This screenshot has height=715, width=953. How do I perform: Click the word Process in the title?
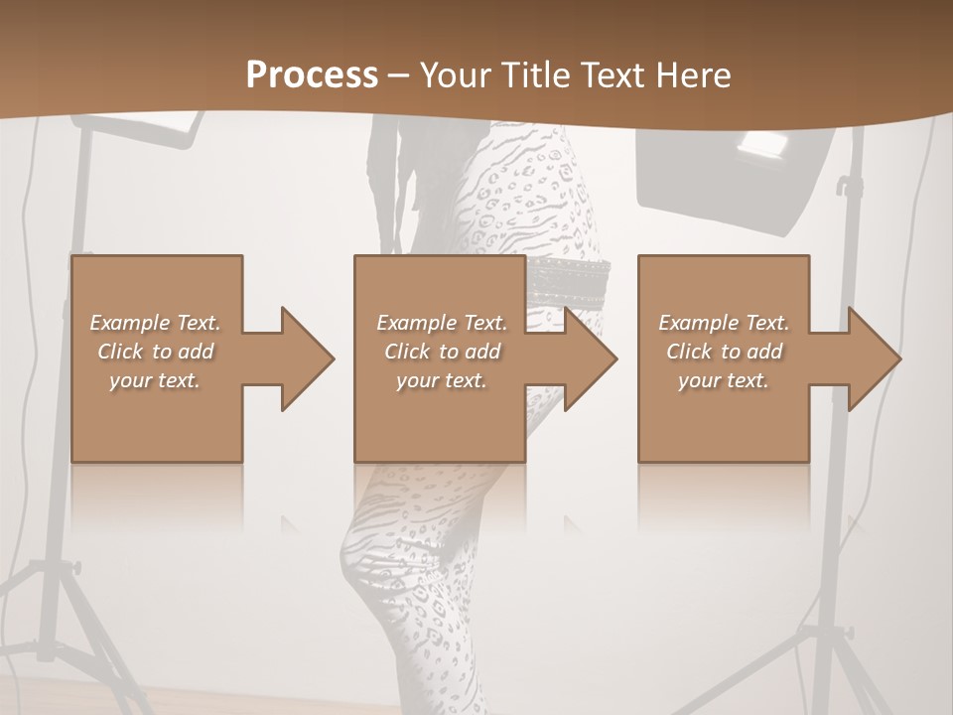pyautogui.click(x=312, y=75)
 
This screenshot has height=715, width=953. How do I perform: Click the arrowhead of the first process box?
pyautogui.click(x=302, y=358)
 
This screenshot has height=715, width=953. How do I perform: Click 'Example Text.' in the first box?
pyautogui.click(x=155, y=323)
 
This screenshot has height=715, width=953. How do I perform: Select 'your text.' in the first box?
pyautogui.click(x=155, y=380)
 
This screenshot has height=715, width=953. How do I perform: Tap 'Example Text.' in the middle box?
pyautogui.click(x=442, y=323)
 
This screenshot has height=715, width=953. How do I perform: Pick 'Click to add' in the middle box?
pyautogui.click(x=442, y=352)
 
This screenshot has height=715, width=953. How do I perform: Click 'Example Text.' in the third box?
pyautogui.click(x=724, y=323)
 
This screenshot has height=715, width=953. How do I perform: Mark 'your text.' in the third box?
pyautogui.click(x=724, y=380)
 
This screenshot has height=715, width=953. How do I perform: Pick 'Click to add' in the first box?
pyautogui.click(x=155, y=352)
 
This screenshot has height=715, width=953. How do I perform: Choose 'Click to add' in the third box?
pyautogui.click(x=724, y=352)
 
